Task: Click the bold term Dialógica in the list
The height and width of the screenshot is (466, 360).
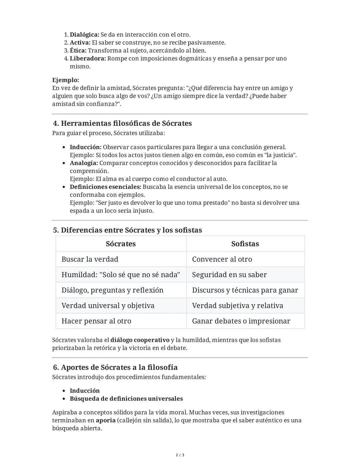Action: click(84, 35)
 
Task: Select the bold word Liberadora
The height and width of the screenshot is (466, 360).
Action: click(88, 59)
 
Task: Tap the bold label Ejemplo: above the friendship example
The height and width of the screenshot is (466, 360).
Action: click(66, 80)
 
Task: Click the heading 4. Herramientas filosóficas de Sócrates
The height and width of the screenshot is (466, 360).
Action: click(122, 123)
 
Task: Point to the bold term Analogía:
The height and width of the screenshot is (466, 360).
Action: click(84, 163)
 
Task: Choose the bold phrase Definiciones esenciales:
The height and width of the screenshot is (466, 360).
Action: click(105, 187)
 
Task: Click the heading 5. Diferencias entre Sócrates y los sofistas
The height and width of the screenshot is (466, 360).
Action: click(127, 230)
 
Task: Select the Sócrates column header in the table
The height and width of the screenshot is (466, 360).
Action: click(121, 244)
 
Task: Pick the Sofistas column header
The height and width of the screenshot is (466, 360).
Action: click(245, 244)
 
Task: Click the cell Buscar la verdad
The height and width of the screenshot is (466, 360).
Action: click(90, 259)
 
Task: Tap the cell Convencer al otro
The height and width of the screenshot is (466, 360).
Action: click(222, 259)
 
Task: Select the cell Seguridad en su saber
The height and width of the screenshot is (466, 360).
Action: click(229, 275)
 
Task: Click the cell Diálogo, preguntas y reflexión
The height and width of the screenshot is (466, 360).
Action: click(112, 290)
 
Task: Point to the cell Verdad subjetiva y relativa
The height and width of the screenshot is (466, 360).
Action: click(238, 306)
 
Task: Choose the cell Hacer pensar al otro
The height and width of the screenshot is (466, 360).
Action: click(96, 321)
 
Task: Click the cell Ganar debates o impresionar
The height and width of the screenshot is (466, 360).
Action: click(241, 321)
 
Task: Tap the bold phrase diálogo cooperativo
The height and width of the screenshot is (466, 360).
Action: click(140, 340)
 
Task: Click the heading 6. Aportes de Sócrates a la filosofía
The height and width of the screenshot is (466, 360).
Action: click(115, 368)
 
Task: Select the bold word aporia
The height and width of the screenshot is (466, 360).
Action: click(106, 420)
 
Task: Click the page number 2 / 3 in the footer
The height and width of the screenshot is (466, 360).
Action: click(180, 455)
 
